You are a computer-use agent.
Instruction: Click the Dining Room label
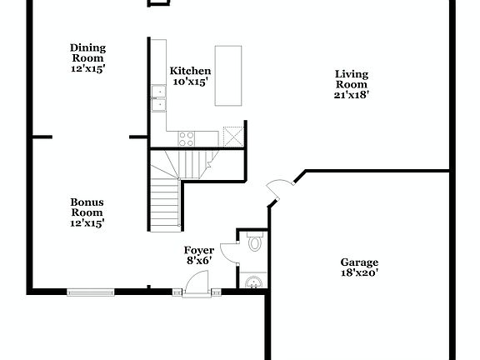[87, 52]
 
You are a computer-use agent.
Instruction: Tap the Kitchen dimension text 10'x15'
[190, 82]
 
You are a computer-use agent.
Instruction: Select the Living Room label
[352, 79]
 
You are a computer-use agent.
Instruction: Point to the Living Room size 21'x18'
[352, 95]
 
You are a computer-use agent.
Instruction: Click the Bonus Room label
[87, 207]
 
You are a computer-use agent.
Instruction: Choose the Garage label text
[359, 261]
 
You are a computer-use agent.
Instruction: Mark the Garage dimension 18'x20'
[359, 272]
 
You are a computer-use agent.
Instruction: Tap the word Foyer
[199, 250]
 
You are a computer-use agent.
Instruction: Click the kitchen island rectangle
[228, 76]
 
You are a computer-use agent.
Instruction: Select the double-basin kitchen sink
[157, 97]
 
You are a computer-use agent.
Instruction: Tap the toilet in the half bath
[255, 244]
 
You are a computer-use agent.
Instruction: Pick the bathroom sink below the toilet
[252, 282]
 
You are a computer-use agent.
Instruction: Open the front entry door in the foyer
[197, 284]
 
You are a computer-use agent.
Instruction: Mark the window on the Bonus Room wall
[90, 292]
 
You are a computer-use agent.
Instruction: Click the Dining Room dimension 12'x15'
[87, 69]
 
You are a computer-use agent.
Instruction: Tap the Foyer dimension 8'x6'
[198, 261]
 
